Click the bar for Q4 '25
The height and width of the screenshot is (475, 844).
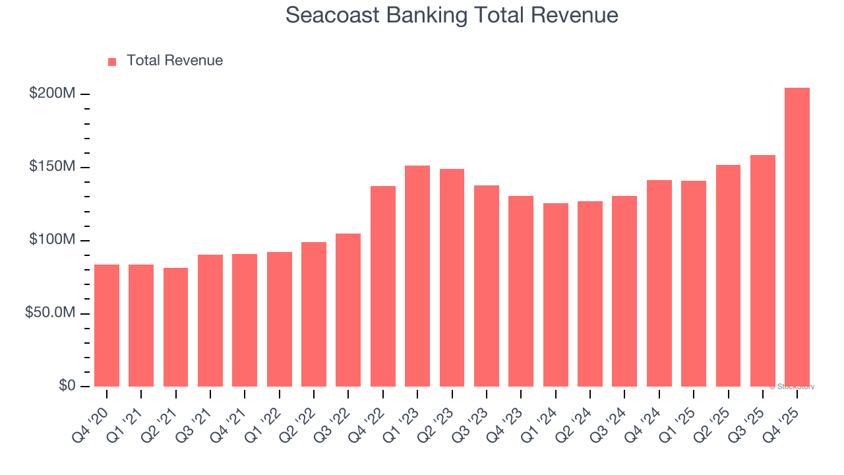click(x=797, y=237)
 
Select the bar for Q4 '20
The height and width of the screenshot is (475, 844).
click(x=107, y=325)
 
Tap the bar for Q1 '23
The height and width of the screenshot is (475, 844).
click(x=417, y=276)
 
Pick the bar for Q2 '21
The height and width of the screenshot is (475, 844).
click(x=176, y=327)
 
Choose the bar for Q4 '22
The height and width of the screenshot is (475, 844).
click(x=383, y=286)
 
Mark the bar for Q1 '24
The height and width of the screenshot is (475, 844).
click(x=556, y=294)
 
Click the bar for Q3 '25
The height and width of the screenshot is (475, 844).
click(x=762, y=270)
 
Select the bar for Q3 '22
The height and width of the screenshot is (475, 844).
click(x=348, y=309)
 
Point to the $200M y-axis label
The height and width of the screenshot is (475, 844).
click(x=52, y=94)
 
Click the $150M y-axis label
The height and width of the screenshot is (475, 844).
click(x=52, y=167)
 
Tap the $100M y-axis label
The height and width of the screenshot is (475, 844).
click(x=52, y=240)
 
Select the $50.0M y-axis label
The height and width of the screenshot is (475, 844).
click(x=50, y=313)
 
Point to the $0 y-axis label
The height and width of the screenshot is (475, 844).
click(x=66, y=386)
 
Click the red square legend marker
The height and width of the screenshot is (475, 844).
click(x=112, y=61)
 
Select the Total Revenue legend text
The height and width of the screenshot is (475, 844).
click(x=175, y=61)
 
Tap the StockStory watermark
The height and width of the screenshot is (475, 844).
click(x=791, y=387)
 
